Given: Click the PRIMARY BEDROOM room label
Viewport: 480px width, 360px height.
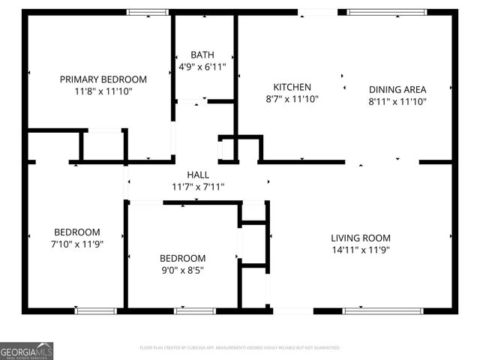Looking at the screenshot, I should click(103, 79).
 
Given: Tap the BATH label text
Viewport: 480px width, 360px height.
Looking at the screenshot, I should click(202, 55).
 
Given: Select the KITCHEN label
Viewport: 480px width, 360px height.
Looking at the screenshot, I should click(292, 87).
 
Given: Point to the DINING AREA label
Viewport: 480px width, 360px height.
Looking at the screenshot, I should click(397, 89).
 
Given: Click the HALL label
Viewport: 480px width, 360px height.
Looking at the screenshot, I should click(198, 175).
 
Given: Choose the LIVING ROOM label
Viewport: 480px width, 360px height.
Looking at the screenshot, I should click(361, 238).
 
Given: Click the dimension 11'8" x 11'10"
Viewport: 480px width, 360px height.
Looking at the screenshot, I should click(103, 91).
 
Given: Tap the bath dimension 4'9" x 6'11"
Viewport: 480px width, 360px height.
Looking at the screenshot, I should click(202, 66).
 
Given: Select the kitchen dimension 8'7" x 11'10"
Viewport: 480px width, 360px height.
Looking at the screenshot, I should click(292, 98).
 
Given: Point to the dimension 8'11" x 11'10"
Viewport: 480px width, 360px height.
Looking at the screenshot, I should click(397, 101).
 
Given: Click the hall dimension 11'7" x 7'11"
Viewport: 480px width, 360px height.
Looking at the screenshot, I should click(198, 187).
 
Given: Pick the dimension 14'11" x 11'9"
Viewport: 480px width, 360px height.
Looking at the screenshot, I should click(361, 250).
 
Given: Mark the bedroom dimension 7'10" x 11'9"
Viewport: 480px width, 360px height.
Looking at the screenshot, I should click(76, 244).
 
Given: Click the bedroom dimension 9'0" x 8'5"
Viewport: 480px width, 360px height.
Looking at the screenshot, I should click(183, 269).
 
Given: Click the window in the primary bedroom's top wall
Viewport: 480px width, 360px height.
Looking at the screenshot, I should click(148, 12).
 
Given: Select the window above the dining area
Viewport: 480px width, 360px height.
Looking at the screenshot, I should click(386, 12).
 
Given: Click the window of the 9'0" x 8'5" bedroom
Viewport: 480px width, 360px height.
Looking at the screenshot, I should click(195, 310).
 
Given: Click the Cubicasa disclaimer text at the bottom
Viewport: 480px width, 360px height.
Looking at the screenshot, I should click(240, 348).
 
